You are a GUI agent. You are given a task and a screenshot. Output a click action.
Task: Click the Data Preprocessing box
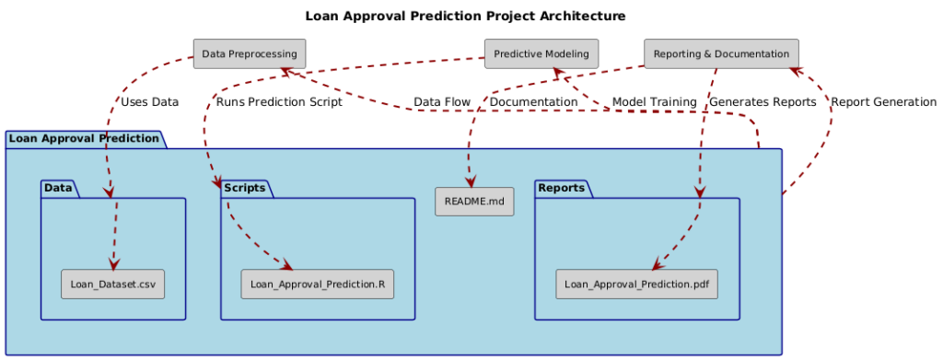[x=249, y=53]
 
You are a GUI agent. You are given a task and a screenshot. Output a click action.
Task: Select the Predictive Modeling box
[x=541, y=53]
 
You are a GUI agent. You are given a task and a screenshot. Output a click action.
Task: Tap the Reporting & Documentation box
[x=721, y=53]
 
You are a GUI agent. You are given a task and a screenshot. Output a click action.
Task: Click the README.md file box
[x=474, y=201]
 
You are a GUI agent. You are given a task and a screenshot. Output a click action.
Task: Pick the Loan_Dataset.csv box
[x=113, y=285]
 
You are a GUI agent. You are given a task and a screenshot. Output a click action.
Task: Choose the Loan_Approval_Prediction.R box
[x=318, y=285]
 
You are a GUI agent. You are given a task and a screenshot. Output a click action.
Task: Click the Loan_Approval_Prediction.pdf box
[x=637, y=285]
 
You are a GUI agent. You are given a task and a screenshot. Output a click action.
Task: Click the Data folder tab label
[x=58, y=188]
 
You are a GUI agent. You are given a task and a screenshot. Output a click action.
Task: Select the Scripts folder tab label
[x=244, y=188]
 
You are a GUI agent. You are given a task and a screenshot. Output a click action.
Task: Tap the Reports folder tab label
[x=561, y=188]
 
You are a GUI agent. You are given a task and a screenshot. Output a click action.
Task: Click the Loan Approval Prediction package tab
[x=84, y=139]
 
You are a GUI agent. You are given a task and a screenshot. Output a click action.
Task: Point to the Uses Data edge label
[x=149, y=102]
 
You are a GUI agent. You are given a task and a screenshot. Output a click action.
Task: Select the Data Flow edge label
[x=442, y=102]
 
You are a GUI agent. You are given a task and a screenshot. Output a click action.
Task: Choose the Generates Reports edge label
[x=763, y=102]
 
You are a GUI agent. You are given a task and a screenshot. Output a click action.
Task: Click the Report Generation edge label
[x=883, y=102]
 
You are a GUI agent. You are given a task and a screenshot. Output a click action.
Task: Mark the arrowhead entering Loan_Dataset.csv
[x=113, y=263]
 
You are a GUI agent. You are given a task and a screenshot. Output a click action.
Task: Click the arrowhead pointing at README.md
[x=470, y=181]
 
